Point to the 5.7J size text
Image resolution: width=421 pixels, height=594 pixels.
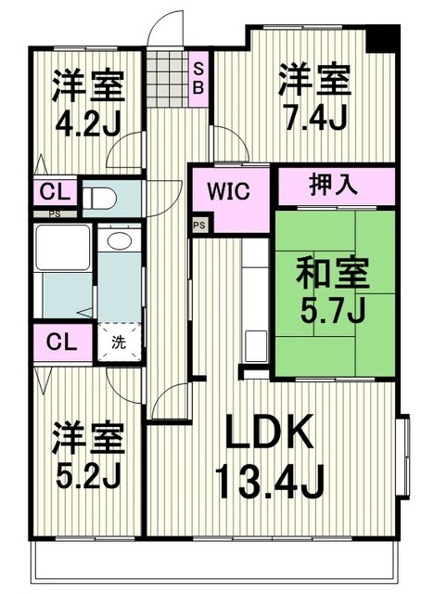332,309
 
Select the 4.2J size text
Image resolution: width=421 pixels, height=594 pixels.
86,123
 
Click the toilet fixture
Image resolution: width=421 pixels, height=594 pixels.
100,198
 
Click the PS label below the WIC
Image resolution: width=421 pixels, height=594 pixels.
198,226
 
